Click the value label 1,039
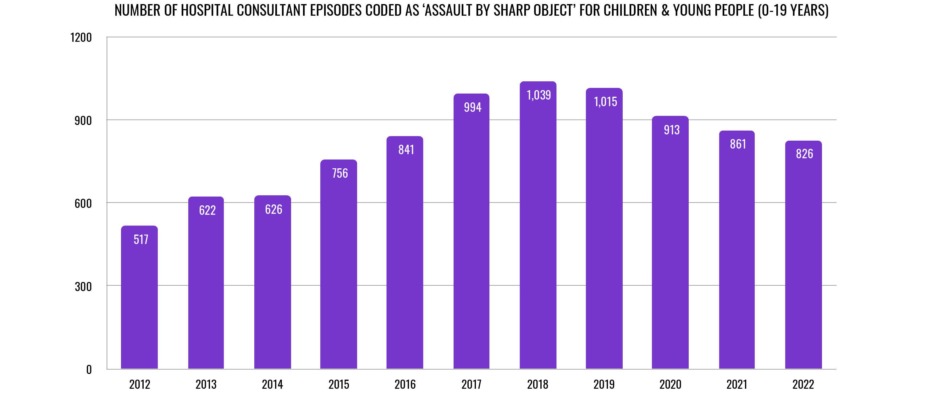[538, 95]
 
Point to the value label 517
[141, 240]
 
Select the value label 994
[472, 107]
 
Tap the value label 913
[671, 130]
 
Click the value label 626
[273, 209]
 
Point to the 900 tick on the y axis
[83, 121]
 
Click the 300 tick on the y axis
[83, 286]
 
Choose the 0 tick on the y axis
[89, 369]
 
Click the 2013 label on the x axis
[206, 384]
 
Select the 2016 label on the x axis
[405, 384]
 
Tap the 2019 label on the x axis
[604, 384]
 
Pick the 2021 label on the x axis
[736, 384]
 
